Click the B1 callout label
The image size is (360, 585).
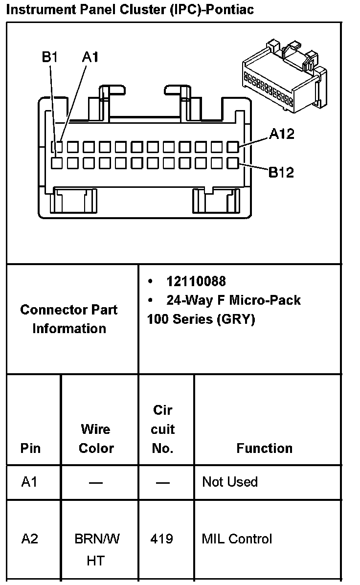pyautogui.click(x=50, y=57)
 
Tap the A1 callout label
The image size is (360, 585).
pyautogui.click(x=90, y=57)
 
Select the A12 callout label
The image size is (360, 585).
pyautogui.click(x=282, y=133)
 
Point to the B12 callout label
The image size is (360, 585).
pyautogui.click(x=281, y=172)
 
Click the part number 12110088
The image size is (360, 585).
pyautogui.click(x=196, y=281)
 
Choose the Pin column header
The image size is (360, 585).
pyautogui.click(x=30, y=448)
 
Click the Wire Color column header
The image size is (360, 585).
pyautogui.click(x=96, y=439)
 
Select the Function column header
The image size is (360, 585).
pyautogui.click(x=264, y=448)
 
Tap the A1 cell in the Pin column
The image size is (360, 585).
pyautogui.click(x=29, y=482)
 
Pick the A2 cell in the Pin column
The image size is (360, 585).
pyautogui.click(x=29, y=539)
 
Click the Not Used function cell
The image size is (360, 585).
pyautogui.click(x=230, y=482)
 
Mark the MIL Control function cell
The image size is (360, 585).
pyautogui.click(x=237, y=539)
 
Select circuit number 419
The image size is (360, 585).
pyautogui.click(x=162, y=539)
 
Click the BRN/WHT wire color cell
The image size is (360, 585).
pyautogui.click(x=96, y=549)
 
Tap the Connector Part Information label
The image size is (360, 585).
pyautogui.click(x=69, y=319)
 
